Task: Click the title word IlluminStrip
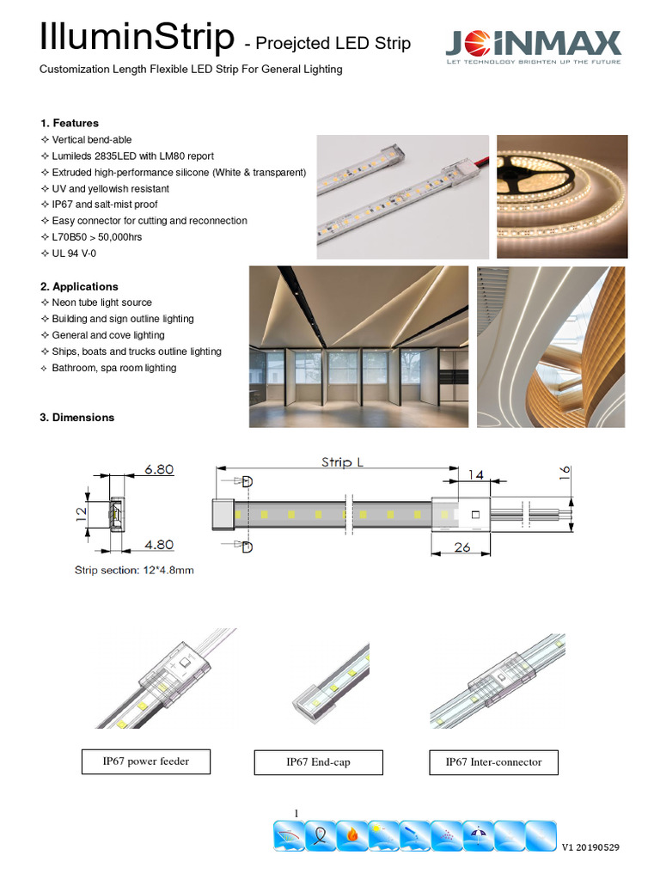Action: pos(137,39)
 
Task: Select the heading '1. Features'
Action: pos(70,123)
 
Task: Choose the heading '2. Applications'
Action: pos(79,286)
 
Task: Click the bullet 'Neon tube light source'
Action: pos(101,302)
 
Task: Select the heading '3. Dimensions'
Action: pos(76,418)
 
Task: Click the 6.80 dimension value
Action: pos(159,469)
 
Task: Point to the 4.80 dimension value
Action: pos(159,544)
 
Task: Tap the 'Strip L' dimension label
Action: pos(342,462)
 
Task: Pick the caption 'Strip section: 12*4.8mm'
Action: pos(134,570)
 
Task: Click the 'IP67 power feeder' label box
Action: pos(145,761)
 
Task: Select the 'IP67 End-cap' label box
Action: pos(318,762)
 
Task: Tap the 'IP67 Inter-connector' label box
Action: pos(493,761)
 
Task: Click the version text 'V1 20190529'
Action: pos(590,847)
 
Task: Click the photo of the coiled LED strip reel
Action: pos(562,196)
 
